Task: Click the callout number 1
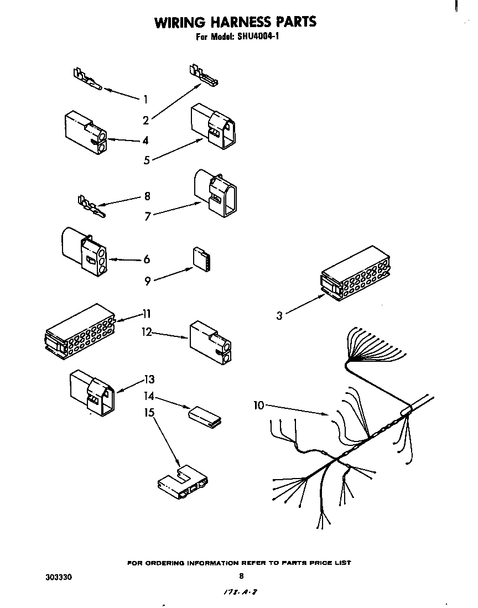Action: (x=146, y=100)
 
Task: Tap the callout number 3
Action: (x=280, y=315)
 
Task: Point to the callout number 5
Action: (x=147, y=160)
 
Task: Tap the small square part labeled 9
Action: (x=201, y=259)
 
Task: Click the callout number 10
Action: (x=259, y=406)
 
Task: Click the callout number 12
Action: (x=147, y=332)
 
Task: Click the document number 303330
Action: (x=58, y=576)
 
